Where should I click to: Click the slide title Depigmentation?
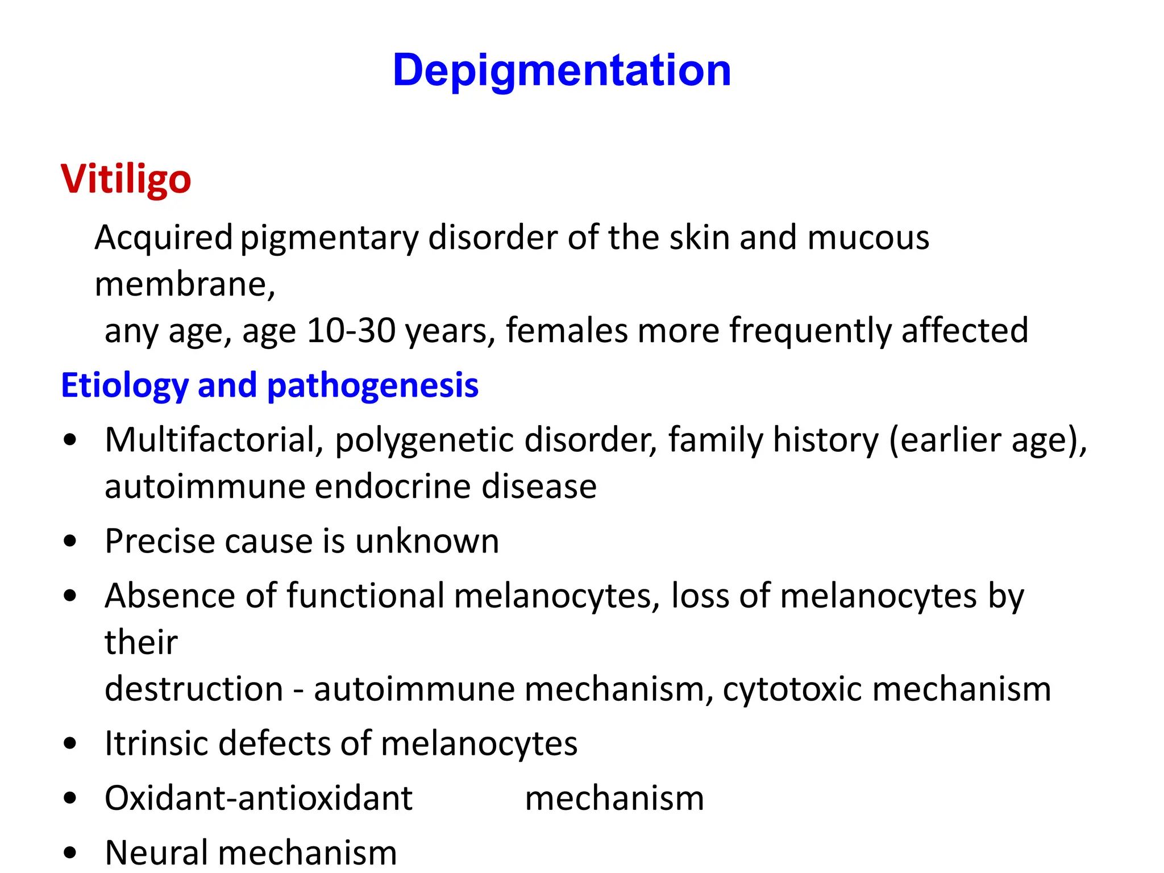point(562,70)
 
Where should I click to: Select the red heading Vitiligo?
point(126,180)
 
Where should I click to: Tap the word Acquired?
point(164,238)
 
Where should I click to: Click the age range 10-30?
point(351,330)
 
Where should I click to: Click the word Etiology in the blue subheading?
point(124,386)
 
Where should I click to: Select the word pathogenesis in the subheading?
point(372,386)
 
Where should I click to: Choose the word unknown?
point(427,541)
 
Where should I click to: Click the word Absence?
point(170,596)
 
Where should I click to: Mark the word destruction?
point(194,689)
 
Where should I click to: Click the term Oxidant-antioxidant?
point(259,798)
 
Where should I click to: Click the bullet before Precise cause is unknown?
point(70,541)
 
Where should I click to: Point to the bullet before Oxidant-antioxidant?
point(70,798)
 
